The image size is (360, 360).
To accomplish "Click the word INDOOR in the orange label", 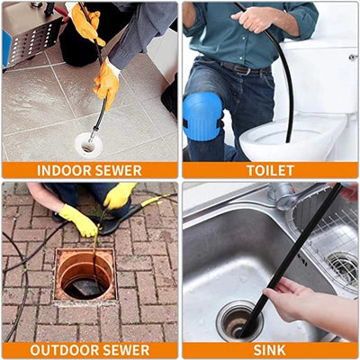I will [63, 170].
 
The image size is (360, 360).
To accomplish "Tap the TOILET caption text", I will [270, 170].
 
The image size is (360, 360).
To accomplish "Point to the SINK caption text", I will [270, 350].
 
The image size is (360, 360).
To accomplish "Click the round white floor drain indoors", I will [88, 142].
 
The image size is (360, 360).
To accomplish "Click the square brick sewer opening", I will [85, 275].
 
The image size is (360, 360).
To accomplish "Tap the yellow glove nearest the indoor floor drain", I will [107, 83].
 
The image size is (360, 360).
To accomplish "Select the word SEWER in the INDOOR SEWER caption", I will [118, 170].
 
